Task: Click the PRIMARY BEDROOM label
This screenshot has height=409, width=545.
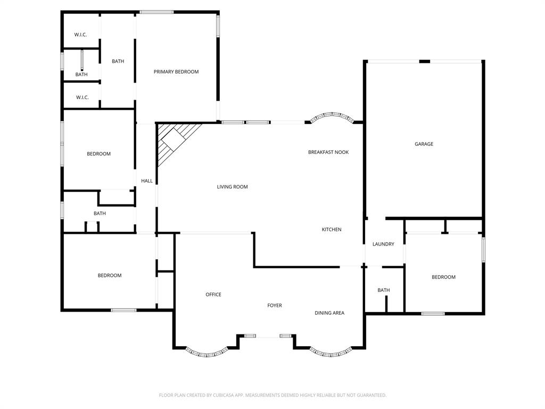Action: point(176,72)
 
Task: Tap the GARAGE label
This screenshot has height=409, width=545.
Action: point(424,144)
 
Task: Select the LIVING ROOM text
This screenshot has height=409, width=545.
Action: point(232,187)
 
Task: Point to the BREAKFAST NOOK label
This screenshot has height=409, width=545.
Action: point(328,152)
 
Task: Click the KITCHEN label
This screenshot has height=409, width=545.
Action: point(332,230)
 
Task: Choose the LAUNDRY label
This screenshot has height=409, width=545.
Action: point(383,244)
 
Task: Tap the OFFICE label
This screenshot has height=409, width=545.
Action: point(213,295)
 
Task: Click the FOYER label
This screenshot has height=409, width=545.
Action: point(275,306)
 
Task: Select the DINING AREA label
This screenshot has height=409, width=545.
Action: point(329,313)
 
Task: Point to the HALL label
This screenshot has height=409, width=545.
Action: point(147,181)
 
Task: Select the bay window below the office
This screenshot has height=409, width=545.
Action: point(206,353)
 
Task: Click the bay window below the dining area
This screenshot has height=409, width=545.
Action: point(331,353)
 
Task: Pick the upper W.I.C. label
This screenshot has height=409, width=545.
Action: point(81,35)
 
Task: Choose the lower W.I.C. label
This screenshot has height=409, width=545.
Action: point(82,97)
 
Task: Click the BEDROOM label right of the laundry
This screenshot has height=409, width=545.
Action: point(443,277)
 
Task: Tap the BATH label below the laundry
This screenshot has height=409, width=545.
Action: point(384,290)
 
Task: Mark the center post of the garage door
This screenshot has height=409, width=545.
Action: point(424,62)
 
